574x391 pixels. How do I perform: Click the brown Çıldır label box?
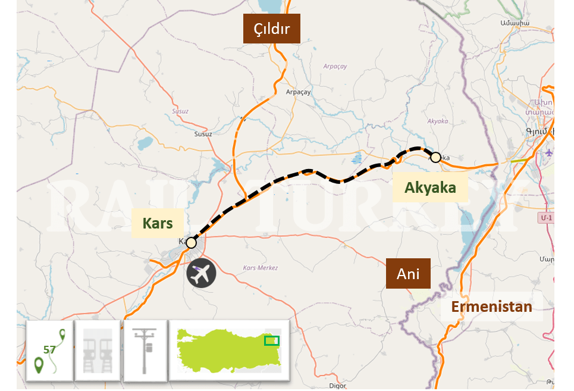click(272, 29)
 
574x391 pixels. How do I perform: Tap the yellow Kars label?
click(158, 223)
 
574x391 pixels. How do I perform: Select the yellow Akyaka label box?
click(430, 187)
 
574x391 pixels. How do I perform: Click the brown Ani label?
click(408, 274)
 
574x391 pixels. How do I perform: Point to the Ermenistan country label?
click(491, 306)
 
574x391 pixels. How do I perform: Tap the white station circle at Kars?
click(191, 243)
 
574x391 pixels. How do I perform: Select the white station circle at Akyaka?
click(435, 157)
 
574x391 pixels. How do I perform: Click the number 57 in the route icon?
click(49, 349)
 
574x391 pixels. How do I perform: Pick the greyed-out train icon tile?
click(98, 351)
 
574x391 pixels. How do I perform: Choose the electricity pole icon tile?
click(145, 351)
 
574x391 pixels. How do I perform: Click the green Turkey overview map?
click(229, 350)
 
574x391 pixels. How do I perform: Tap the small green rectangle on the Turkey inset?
click(271, 340)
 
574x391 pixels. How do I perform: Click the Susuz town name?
click(203, 134)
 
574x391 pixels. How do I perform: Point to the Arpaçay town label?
click(298, 92)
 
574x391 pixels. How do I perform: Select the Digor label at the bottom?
click(337, 386)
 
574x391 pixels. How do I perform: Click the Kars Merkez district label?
click(261, 268)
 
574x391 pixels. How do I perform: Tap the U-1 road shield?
click(545, 218)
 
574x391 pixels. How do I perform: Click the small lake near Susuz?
click(145, 143)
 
